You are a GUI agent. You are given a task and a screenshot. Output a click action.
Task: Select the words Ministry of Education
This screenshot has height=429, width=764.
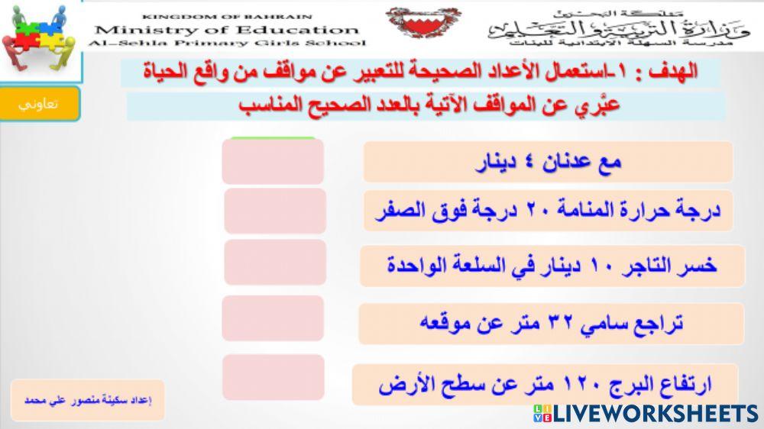[227, 31]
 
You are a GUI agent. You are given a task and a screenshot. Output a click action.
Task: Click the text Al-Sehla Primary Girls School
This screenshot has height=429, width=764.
[227, 44]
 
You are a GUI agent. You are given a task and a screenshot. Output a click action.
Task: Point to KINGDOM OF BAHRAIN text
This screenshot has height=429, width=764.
[227, 16]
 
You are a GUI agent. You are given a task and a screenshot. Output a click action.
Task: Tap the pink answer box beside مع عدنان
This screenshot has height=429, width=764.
[273, 162]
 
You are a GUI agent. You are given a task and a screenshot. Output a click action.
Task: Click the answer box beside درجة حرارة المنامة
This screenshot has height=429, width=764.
[275, 211]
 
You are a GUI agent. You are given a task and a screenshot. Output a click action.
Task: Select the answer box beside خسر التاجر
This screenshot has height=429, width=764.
[275, 262]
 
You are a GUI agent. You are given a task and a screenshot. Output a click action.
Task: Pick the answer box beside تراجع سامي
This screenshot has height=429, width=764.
[273, 318]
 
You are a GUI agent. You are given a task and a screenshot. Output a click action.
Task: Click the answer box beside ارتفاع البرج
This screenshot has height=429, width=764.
[274, 377]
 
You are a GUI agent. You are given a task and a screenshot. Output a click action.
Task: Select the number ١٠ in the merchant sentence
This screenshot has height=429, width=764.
[601, 266]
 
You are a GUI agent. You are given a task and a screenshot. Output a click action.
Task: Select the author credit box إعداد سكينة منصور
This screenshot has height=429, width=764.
[88, 400]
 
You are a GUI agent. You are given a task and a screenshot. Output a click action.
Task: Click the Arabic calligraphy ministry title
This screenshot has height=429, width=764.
[619, 27]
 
